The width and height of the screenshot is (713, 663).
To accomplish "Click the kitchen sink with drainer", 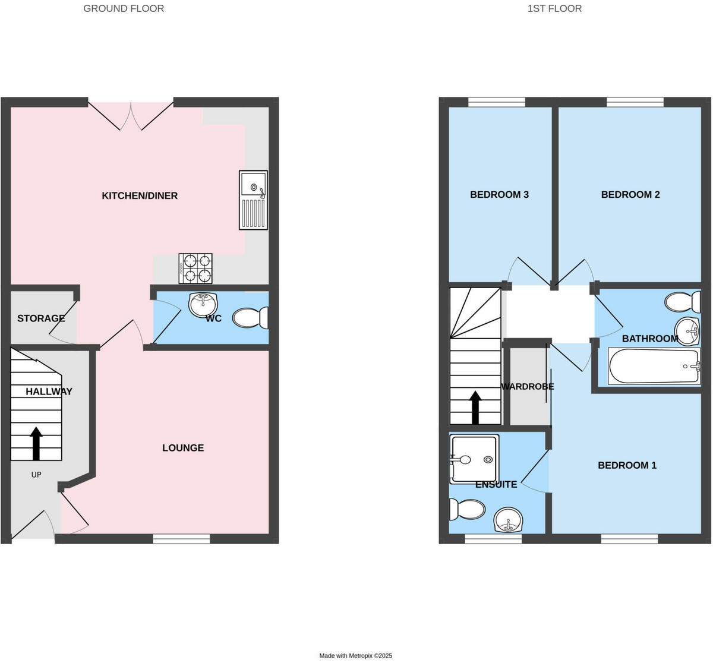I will coord(253,200).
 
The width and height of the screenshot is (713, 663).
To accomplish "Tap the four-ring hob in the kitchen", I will coord(195,269).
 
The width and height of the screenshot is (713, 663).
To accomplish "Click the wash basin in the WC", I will coord(203,305).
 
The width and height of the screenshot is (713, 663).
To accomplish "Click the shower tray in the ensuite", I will coord(474,458).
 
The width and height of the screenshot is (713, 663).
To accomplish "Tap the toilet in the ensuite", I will coord(467,509).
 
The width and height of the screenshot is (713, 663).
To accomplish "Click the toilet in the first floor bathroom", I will coord(683,302).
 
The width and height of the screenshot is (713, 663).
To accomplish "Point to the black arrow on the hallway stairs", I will coord(36,443).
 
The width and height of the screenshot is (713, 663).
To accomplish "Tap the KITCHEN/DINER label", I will coord(140,195).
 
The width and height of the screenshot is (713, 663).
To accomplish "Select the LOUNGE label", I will coord(183,448).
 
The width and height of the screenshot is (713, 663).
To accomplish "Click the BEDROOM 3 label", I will coord(499,194).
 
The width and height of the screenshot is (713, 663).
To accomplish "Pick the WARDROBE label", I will coord(528,387).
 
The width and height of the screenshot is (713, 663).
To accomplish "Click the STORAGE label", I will coord(41,318).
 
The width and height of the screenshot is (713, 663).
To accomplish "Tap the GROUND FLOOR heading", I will coord(124,8).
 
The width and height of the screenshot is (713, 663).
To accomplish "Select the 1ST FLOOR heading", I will coord(554,8).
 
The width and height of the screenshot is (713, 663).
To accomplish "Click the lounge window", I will coord(181,538).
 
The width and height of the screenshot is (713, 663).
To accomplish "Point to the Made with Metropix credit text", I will coord(356,656).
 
